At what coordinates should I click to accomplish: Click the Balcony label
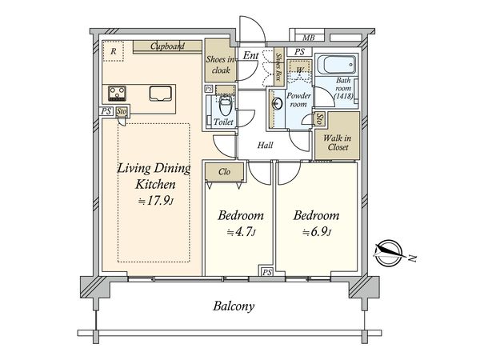tap(234, 306)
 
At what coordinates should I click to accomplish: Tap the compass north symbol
tap(389, 253)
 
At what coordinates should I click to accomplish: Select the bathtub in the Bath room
tap(337, 65)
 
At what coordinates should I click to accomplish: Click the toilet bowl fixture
tap(226, 105)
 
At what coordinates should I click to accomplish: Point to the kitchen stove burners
tap(118, 94)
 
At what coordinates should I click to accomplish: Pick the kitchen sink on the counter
tap(160, 94)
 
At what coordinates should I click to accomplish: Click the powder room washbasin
tap(278, 103)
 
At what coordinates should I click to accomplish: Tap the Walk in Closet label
tap(338, 142)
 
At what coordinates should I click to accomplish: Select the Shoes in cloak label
tap(220, 65)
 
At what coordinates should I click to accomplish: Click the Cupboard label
tap(167, 46)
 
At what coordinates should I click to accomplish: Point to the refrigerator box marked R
tap(113, 51)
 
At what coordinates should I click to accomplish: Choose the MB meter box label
tap(308, 38)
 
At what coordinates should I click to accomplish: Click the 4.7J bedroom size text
tap(241, 232)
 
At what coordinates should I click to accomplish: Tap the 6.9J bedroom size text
tap(317, 232)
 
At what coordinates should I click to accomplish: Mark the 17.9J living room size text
tap(156, 201)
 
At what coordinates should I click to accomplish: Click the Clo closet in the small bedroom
tap(224, 172)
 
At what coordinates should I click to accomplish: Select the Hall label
tap(265, 145)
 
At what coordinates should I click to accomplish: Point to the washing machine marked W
tap(299, 70)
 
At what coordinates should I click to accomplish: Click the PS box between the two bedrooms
tap(267, 272)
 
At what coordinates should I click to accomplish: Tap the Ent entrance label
tap(250, 55)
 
